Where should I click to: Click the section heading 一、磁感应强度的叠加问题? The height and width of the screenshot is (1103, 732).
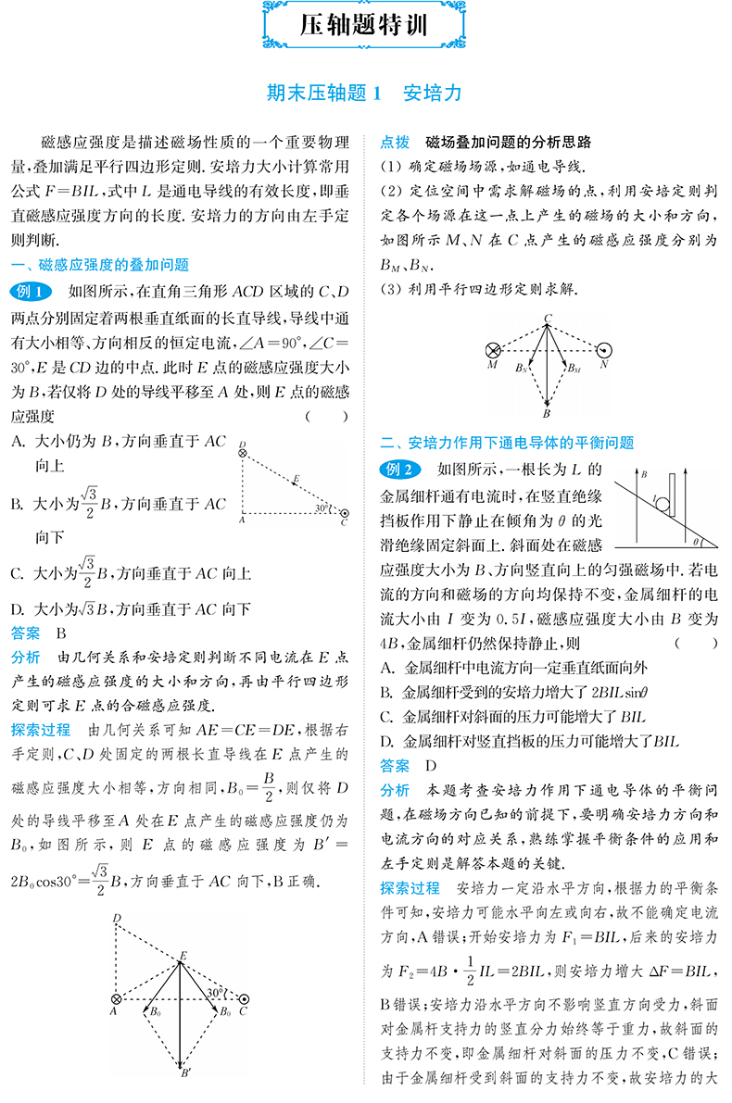(x=99, y=265)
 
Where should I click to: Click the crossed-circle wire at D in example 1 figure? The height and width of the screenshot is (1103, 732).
(x=243, y=453)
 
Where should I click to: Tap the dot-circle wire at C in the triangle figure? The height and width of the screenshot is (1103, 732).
(x=345, y=512)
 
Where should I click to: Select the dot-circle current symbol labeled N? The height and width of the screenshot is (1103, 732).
(x=604, y=351)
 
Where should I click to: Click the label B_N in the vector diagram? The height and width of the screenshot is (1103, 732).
(x=523, y=368)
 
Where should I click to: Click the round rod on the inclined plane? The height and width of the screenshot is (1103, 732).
(x=663, y=504)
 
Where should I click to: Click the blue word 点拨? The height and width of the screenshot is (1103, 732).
(x=395, y=143)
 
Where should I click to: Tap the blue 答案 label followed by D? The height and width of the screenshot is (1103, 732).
(x=395, y=766)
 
